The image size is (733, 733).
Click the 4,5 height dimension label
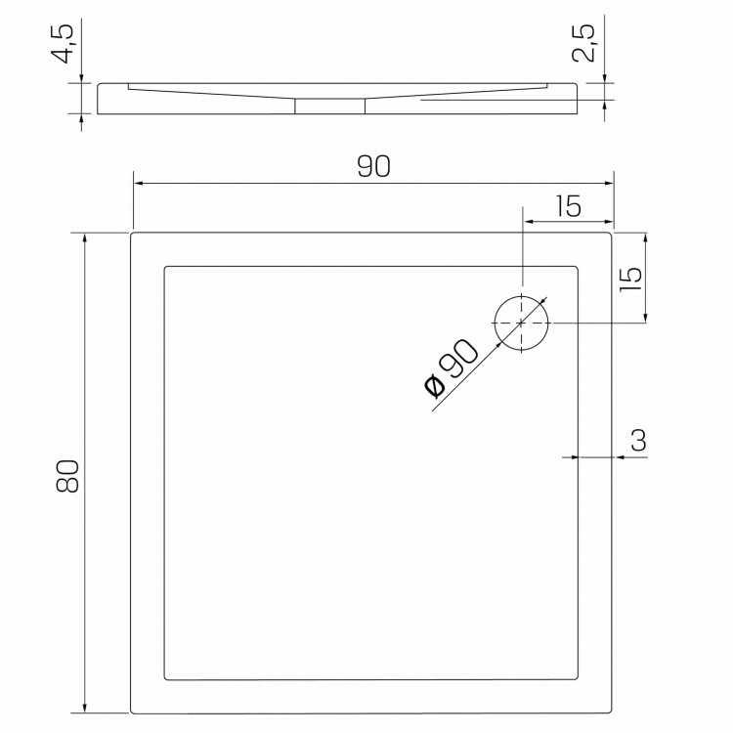tap(63, 43)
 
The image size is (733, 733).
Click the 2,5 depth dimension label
tap(583, 43)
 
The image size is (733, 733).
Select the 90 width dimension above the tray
tap(373, 166)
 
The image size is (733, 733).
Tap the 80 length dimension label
tap(67, 476)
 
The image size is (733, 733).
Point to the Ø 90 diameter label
tap(451, 369)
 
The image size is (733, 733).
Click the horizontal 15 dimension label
tap(569, 206)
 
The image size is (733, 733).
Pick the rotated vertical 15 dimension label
tap(630, 280)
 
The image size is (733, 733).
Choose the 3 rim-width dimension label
tap(638, 440)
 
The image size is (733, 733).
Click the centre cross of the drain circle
tap(521, 323)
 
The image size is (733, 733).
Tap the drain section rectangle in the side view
tap(330, 107)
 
